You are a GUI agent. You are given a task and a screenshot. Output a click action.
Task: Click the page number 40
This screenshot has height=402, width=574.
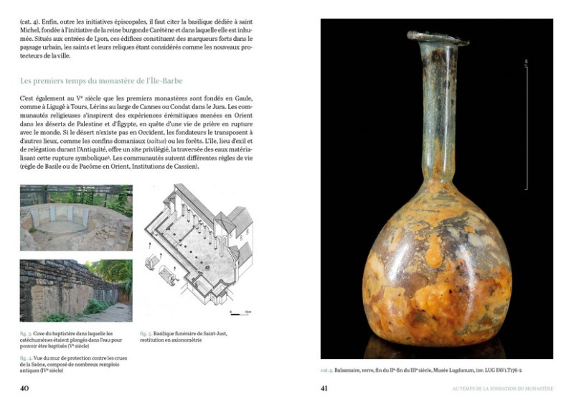24,388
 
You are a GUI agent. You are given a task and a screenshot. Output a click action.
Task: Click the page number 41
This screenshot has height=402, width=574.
324,388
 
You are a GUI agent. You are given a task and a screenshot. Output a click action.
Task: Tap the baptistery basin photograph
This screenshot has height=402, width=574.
75,218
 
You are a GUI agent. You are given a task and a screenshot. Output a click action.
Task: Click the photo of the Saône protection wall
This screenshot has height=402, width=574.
75,290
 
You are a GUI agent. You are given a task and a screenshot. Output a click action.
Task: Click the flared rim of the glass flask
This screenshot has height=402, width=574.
437,37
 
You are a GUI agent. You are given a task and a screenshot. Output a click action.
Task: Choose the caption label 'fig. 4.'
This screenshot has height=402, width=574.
26,357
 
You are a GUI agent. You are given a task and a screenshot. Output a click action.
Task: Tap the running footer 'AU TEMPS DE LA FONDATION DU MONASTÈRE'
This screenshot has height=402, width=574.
502,388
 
